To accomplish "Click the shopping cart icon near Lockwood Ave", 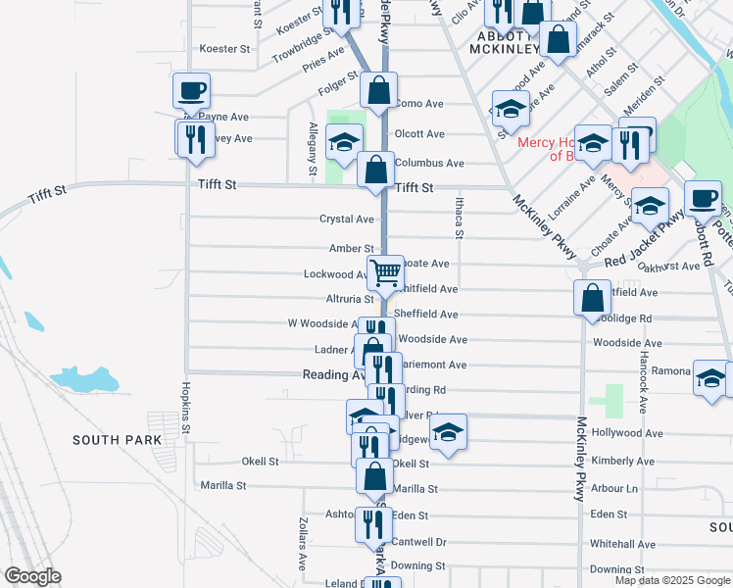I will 385,271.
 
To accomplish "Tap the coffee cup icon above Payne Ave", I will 192,90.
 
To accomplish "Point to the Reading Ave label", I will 333,374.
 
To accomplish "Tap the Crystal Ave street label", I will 347,219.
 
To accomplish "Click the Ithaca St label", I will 458,217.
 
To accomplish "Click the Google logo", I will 33,576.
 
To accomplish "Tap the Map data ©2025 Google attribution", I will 672,580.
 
